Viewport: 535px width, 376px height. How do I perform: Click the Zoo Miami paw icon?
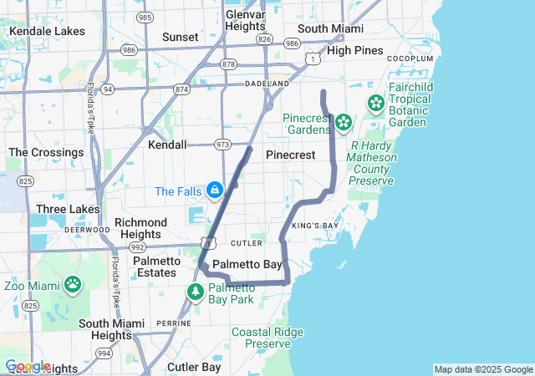pos(73,285)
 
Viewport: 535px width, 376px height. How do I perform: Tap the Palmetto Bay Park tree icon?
pos(196,292)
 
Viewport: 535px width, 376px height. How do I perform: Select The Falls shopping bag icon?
pos(215,191)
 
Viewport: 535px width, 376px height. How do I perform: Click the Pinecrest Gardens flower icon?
pos(343,124)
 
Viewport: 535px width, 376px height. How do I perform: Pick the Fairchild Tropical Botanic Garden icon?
pos(376,104)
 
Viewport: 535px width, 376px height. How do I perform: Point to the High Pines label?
pos(355,50)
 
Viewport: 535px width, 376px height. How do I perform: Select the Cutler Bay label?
pos(194,367)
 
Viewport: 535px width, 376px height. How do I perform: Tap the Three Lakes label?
pos(68,209)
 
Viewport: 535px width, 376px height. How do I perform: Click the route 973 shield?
pos(222,144)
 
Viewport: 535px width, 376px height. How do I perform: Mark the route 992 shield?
pos(137,247)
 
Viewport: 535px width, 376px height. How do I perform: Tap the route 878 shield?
pos(229,64)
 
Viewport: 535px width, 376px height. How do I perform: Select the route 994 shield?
pos(104,353)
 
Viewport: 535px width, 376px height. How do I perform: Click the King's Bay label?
pos(315,226)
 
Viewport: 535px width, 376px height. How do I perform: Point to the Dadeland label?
pos(267,84)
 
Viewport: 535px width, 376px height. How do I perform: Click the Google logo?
pos(27,367)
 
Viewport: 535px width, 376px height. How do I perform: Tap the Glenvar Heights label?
pos(245,20)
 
